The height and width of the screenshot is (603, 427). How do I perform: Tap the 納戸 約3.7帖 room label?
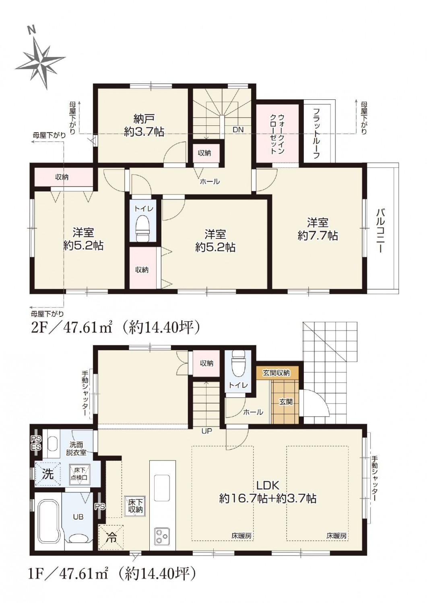point(144,125)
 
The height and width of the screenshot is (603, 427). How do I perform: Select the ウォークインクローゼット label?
point(277,134)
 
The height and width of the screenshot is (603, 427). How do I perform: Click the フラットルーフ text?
point(316,133)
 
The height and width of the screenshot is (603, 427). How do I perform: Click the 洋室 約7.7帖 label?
point(318,229)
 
